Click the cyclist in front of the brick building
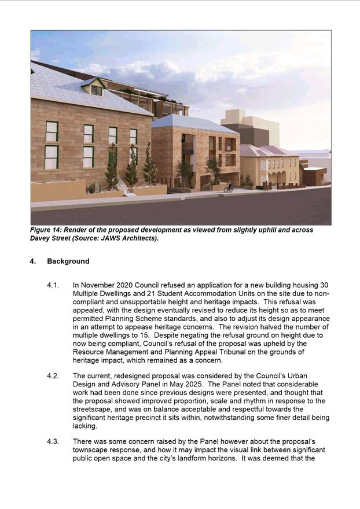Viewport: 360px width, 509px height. (x=228, y=187)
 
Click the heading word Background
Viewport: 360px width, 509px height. (x=68, y=261)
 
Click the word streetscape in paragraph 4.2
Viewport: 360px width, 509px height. (x=94, y=409)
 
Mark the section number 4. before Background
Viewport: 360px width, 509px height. (x=33, y=261)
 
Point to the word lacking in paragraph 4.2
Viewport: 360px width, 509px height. (x=85, y=425)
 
